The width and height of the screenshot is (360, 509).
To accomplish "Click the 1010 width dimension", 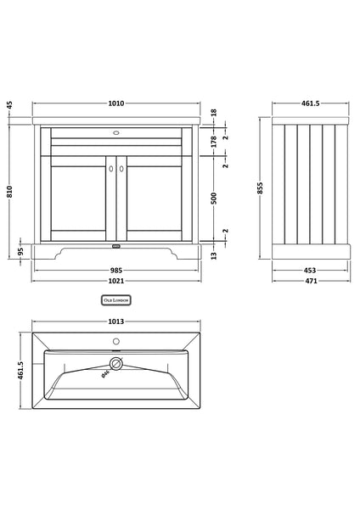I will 115,103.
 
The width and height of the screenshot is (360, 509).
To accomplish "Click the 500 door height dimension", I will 213,197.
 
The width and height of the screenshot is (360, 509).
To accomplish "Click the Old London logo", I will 115,299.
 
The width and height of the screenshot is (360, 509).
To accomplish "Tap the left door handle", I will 111,170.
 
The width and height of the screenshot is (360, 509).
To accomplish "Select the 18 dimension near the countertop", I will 213,111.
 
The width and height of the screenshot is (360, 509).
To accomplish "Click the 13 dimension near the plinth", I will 213,254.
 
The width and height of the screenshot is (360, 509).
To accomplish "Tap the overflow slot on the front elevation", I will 115,132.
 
